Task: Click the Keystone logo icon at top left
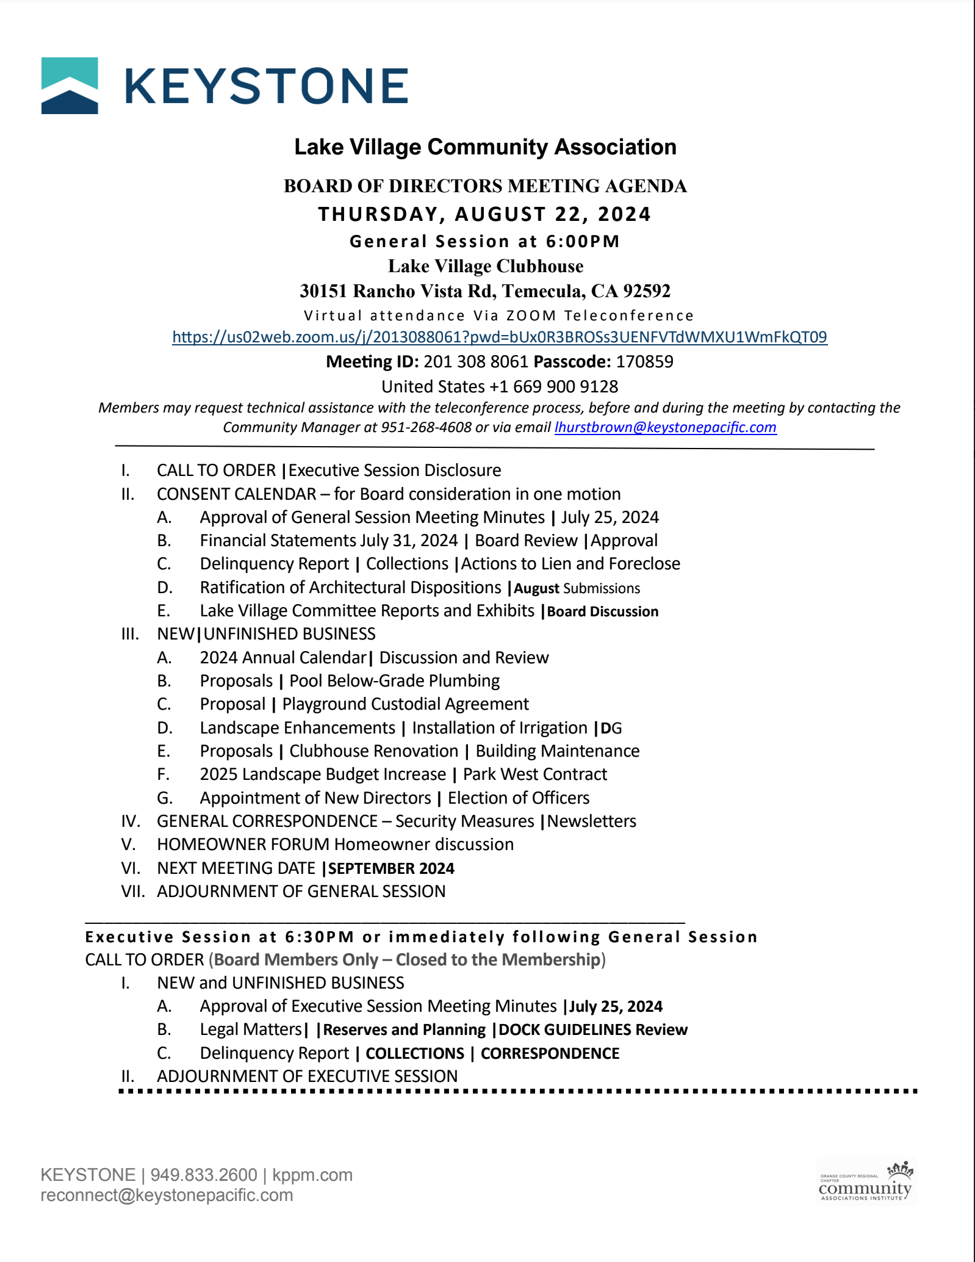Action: tap(70, 85)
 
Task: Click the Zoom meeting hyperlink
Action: tap(499, 337)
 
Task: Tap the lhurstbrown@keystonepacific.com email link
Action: tap(665, 427)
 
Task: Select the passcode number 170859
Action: tap(644, 362)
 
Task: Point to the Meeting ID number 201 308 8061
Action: tap(475, 362)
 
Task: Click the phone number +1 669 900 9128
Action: tap(554, 387)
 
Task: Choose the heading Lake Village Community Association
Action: tap(485, 147)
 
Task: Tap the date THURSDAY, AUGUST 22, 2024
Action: tap(484, 214)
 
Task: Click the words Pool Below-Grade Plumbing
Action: tap(394, 681)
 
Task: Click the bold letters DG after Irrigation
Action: tap(611, 728)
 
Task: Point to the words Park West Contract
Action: tap(534, 774)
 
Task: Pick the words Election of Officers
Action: tap(518, 798)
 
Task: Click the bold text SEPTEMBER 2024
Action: tap(391, 868)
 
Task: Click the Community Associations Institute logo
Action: tap(865, 1183)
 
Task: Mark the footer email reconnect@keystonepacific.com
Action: tap(167, 1195)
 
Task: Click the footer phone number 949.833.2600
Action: tap(204, 1175)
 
